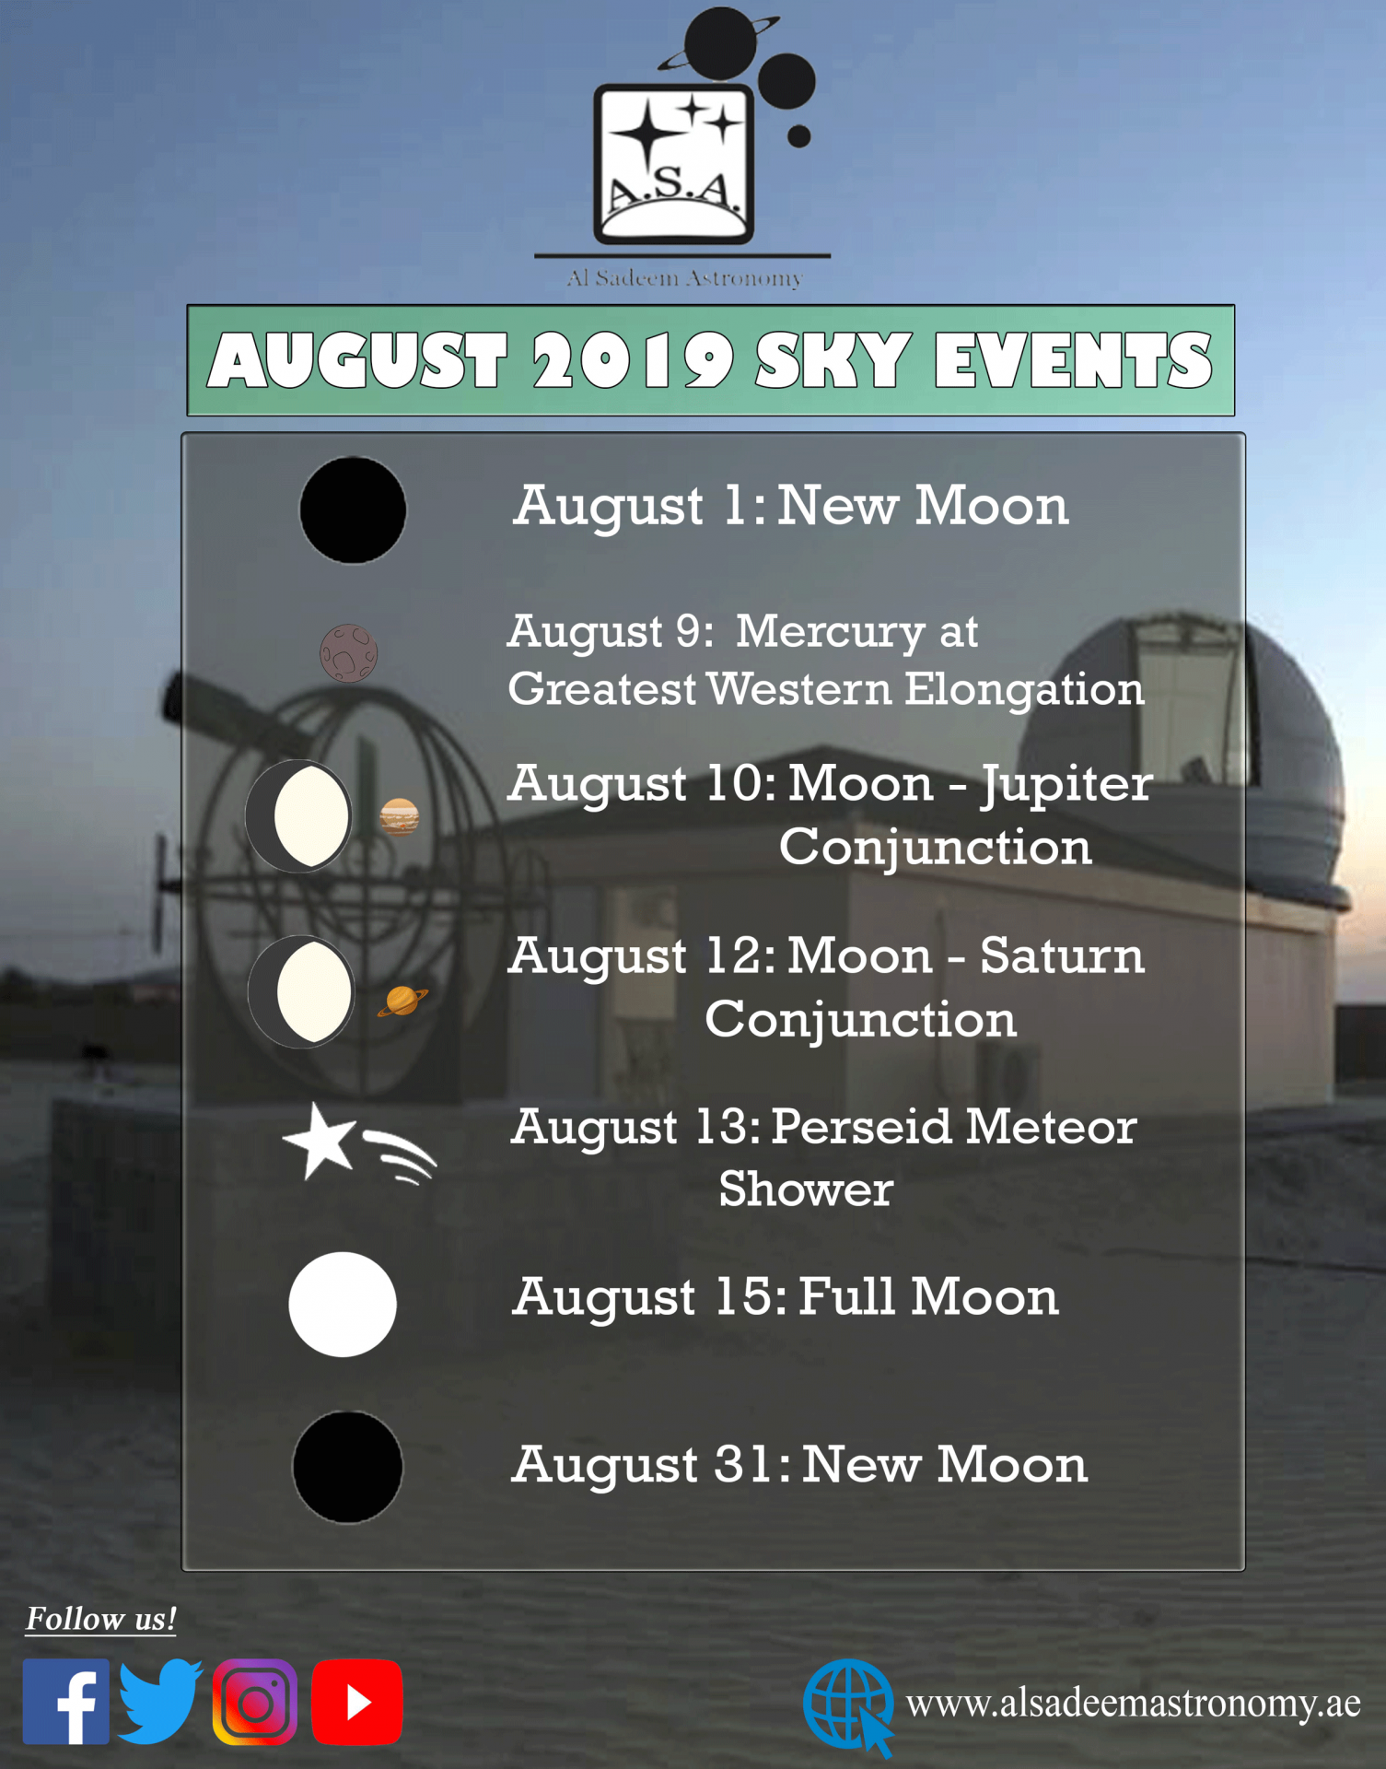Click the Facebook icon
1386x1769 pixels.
pos(66,1702)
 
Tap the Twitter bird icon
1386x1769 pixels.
pos(160,1702)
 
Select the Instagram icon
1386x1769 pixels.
pos(255,1702)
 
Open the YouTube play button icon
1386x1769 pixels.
pos(357,1702)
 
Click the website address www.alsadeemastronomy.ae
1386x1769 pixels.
pos(1133,1704)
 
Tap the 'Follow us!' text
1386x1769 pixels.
pos(100,1619)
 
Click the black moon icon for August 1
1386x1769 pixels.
pos(353,510)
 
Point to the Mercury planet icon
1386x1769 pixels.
pos(348,653)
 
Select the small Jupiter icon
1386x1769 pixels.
pos(400,816)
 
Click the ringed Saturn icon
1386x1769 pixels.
pos(402,1000)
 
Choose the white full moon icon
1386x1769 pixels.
pos(343,1304)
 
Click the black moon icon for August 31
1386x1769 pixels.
pos(347,1467)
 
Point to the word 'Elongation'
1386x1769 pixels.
pos(1024,690)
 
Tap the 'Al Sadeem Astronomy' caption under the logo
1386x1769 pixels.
pos(684,277)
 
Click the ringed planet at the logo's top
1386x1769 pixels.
pos(719,43)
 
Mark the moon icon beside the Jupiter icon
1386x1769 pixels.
pos(298,816)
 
